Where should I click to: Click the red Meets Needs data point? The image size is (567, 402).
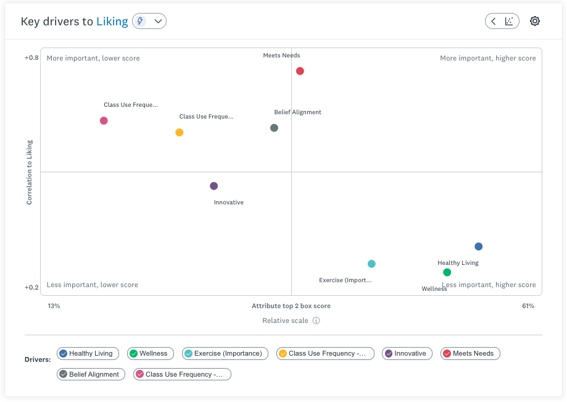[300, 71]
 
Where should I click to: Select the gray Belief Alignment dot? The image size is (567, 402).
[274, 128]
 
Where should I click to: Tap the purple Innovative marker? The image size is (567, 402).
[213, 186]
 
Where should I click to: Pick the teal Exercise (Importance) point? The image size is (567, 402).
[371, 264]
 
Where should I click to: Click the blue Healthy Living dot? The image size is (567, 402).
[478, 246]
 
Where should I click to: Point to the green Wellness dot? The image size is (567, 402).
[447, 272]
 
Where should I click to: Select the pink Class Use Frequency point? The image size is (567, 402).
[104, 120]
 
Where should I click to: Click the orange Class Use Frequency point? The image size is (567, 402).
[179, 132]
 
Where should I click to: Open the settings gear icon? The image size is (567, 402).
[535, 21]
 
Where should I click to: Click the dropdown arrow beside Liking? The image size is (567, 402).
[159, 22]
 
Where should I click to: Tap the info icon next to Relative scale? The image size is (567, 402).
[316, 320]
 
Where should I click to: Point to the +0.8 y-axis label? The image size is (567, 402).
[31, 58]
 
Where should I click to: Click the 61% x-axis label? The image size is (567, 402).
[528, 306]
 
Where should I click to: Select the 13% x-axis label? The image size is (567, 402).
[54, 306]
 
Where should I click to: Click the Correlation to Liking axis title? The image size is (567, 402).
[29, 172]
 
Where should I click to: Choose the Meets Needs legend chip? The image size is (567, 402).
[470, 353]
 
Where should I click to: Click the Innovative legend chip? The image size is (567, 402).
[407, 353]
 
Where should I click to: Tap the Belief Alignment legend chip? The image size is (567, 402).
[91, 374]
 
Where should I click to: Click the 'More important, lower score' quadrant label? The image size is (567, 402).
[93, 58]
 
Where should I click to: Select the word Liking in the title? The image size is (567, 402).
[112, 22]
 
